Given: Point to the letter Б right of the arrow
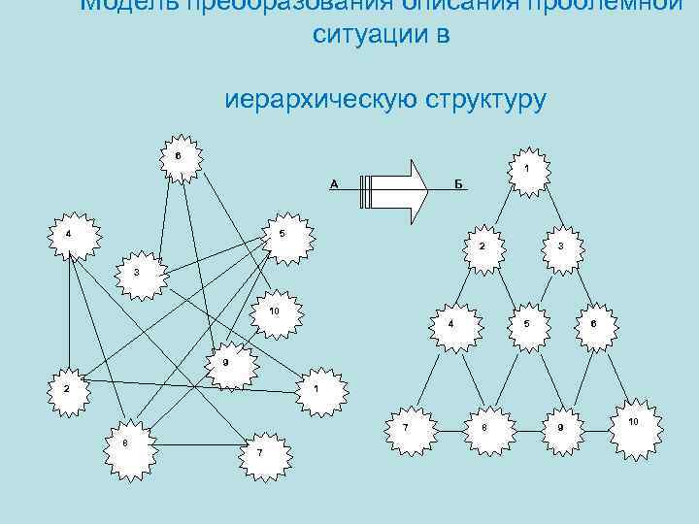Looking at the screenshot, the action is click(x=458, y=184).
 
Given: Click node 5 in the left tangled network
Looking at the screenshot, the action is click(x=283, y=235).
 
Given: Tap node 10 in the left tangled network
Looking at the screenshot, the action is click(x=275, y=311).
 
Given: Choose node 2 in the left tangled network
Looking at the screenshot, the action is click(x=67, y=388).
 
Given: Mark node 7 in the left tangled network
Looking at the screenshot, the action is click(x=259, y=452).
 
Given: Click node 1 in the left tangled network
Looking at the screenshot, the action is click(x=317, y=388).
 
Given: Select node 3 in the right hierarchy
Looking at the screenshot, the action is click(x=560, y=246).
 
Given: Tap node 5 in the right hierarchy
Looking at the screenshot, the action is click(x=526, y=323).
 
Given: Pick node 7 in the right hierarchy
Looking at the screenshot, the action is click(x=405, y=426).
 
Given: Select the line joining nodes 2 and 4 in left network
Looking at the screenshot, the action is click(x=68, y=311).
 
